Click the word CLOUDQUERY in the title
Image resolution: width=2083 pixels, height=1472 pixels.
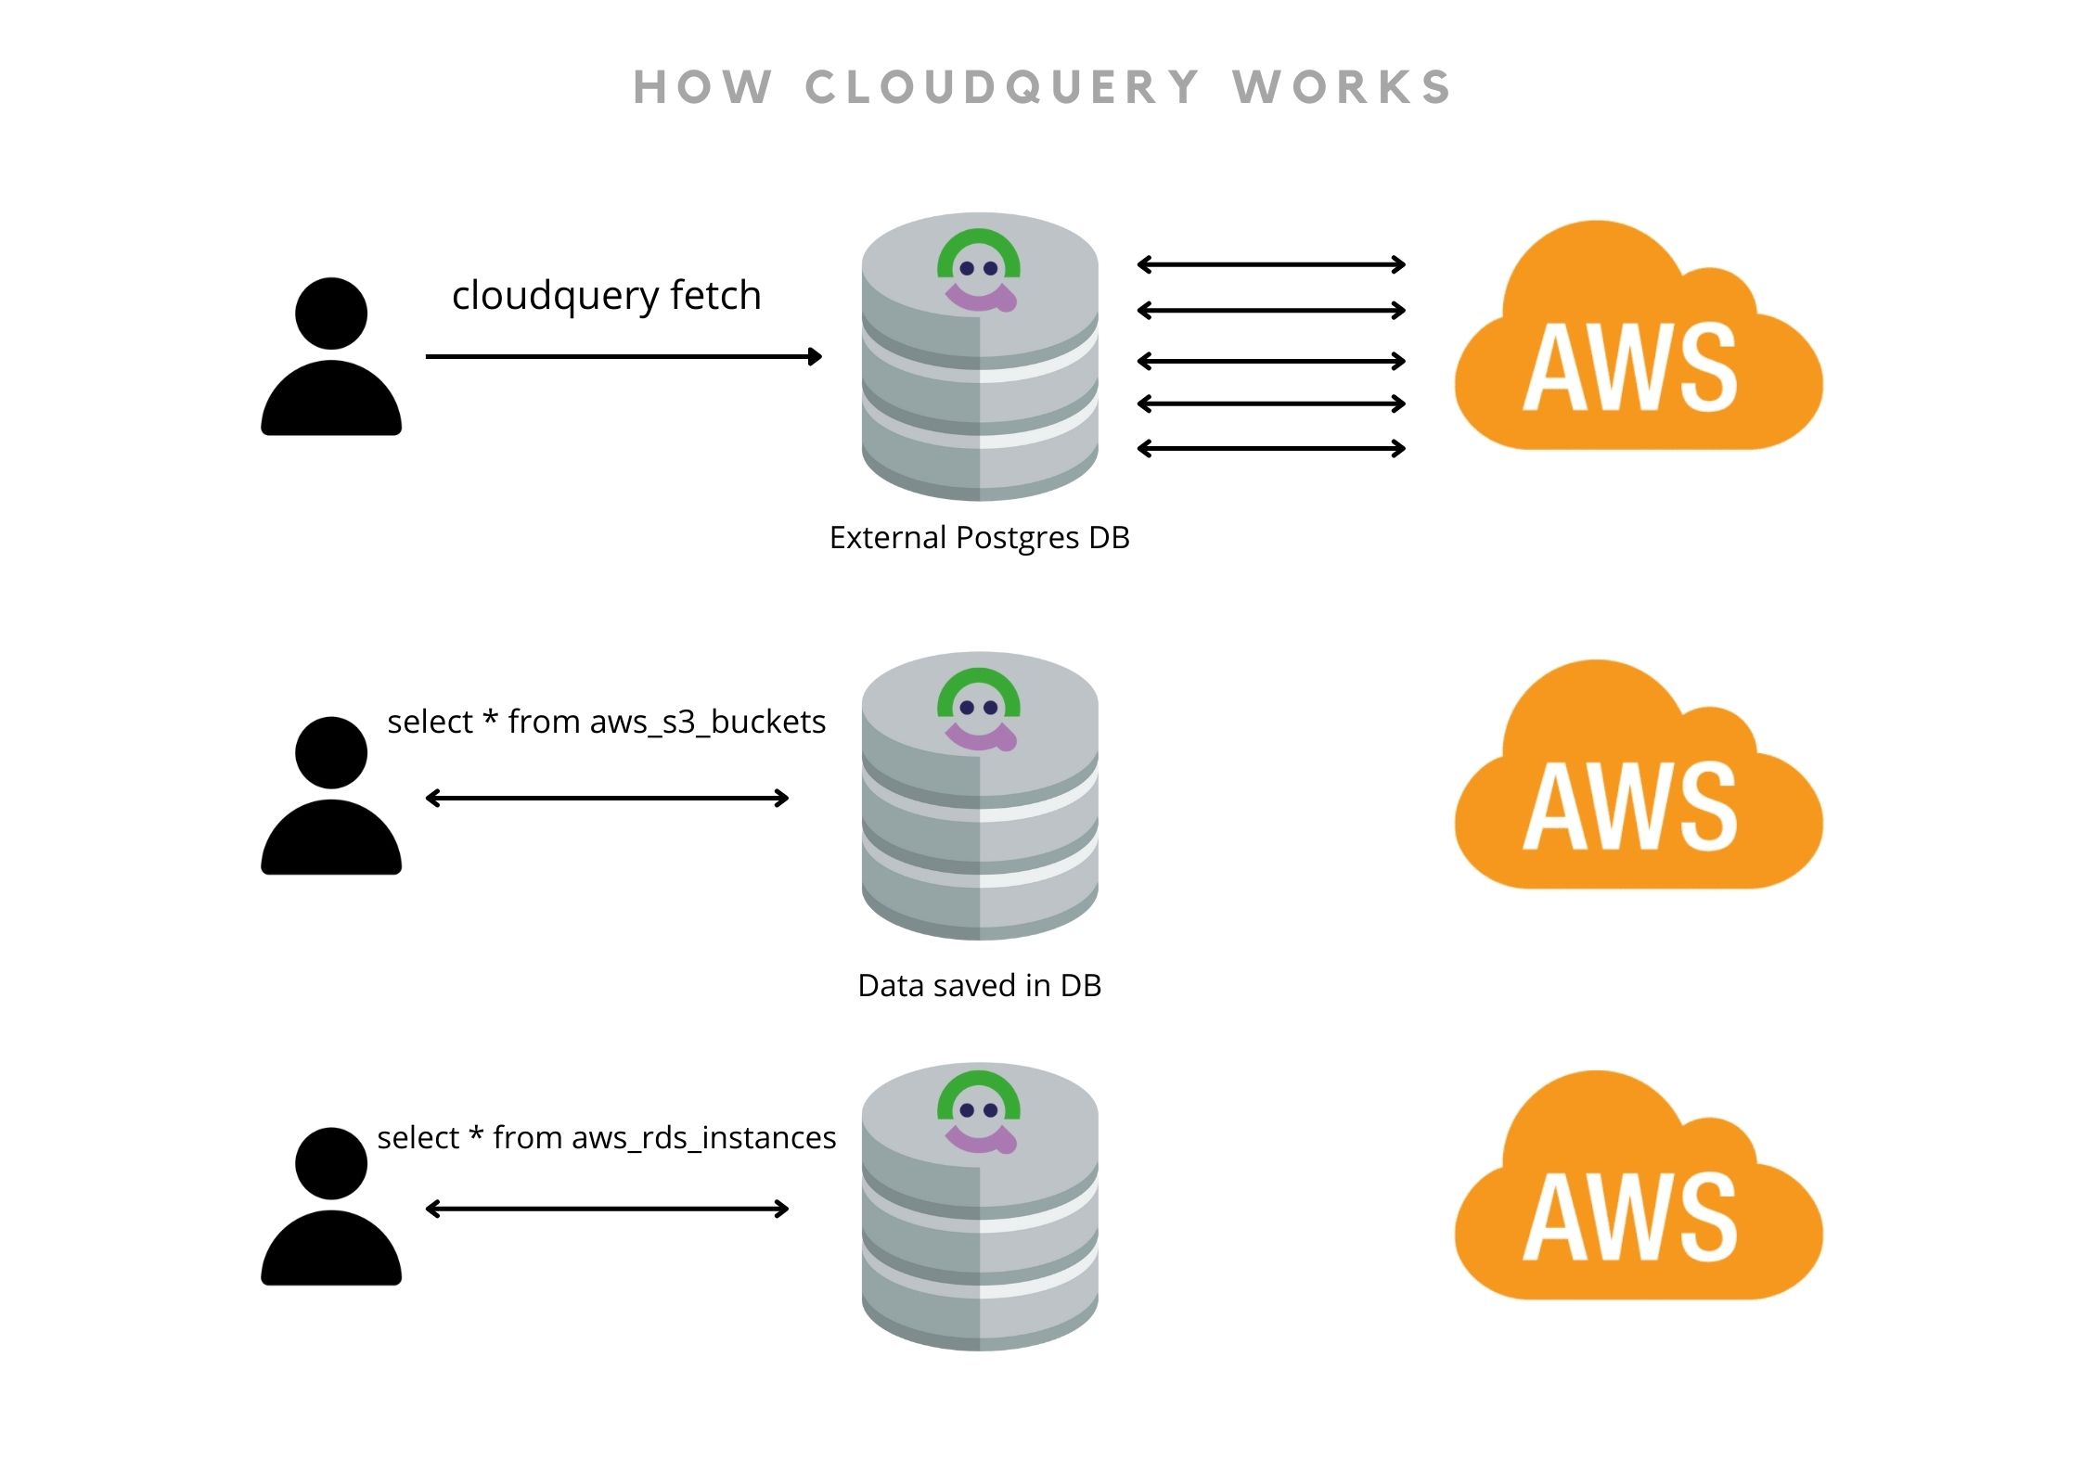[x=1002, y=88]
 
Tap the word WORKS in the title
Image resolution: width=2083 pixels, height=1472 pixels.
[x=1342, y=88]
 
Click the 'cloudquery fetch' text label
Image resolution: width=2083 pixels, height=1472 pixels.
[x=606, y=296]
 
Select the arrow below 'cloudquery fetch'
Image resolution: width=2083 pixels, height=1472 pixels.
[x=624, y=356]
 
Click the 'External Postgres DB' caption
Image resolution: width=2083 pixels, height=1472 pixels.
[x=979, y=538]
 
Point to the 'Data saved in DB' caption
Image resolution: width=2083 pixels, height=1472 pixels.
[x=979, y=985]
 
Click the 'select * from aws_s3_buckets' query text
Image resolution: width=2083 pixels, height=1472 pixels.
[x=606, y=722]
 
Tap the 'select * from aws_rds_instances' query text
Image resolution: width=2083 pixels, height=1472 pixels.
[x=606, y=1137]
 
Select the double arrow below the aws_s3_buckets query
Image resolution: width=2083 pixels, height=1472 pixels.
[x=607, y=798]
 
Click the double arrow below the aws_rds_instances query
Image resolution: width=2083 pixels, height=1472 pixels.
[x=607, y=1209]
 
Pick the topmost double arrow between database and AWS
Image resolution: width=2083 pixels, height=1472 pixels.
[x=1271, y=265]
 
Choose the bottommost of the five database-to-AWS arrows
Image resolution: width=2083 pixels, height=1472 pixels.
[x=1271, y=449]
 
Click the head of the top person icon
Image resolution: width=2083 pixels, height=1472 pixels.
[x=331, y=314]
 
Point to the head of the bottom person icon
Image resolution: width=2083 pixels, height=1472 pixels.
[x=331, y=1163]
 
